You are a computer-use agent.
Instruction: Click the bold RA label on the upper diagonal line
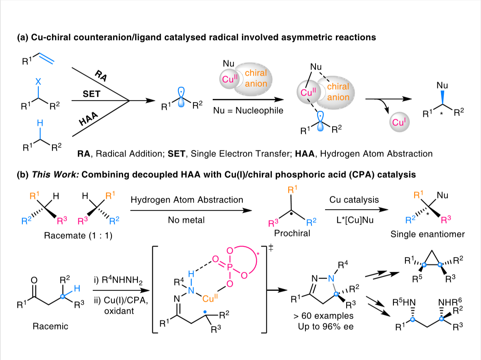click(101, 76)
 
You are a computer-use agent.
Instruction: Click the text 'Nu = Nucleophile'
click(248, 110)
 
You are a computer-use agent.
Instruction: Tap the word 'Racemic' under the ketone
click(50, 326)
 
